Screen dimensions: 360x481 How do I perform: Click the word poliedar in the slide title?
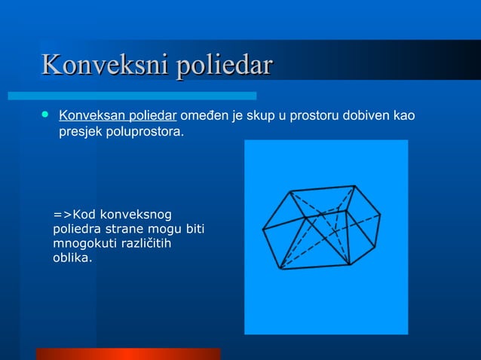tap(223, 66)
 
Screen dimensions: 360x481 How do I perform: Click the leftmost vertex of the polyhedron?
tap(262, 228)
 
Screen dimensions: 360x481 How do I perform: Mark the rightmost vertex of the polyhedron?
tap(381, 215)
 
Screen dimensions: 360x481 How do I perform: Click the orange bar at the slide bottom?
tap(128, 353)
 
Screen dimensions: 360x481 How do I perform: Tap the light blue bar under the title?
tap(132, 96)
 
